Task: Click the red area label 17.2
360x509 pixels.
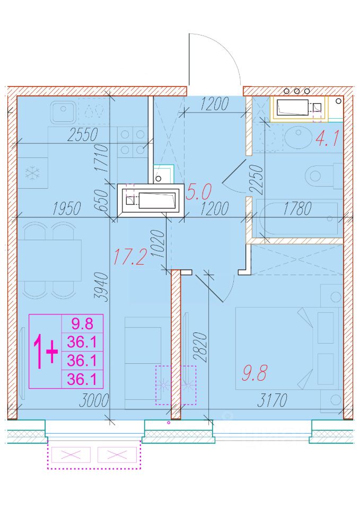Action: [x=129, y=257]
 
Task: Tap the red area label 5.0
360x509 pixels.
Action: [x=199, y=191]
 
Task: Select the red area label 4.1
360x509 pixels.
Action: [x=327, y=138]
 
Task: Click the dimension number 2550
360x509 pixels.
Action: [x=83, y=135]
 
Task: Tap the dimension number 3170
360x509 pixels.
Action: [x=273, y=400]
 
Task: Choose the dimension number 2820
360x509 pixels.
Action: [x=200, y=347]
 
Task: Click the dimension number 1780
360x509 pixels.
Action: [x=297, y=208]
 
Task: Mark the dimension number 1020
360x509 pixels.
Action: [x=158, y=244]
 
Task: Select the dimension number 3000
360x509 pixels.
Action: [x=94, y=401]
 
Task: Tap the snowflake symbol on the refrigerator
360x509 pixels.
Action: [x=33, y=172]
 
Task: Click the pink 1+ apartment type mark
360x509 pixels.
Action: [x=46, y=352]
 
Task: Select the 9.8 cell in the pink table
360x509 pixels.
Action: [x=83, y=323]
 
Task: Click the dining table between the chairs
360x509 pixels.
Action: [x=49, y=260]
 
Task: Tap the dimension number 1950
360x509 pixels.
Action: [x=67, y=209]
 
